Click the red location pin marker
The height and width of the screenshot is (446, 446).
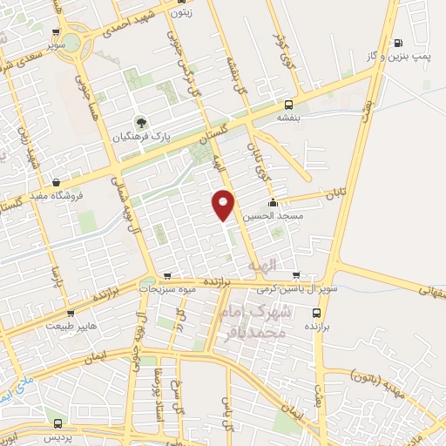(x=224, y=204)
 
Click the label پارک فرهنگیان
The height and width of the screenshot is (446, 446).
(x=142, y=138)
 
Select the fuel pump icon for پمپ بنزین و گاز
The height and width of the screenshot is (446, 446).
(x=398, y=43)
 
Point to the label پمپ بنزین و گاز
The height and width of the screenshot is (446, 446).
(x=409, y=57)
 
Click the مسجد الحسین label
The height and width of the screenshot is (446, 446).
(x=271, y=215)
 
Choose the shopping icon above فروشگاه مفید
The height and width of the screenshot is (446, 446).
(x=57, y=183)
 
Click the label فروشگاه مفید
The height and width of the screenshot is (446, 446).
(x=62, y=196)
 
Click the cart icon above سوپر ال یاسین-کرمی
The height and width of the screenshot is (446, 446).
(x=297, y=274)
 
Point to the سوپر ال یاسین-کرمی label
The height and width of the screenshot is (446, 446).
(x=297, y=287)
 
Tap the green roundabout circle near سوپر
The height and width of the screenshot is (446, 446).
(x=72, y=41)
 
